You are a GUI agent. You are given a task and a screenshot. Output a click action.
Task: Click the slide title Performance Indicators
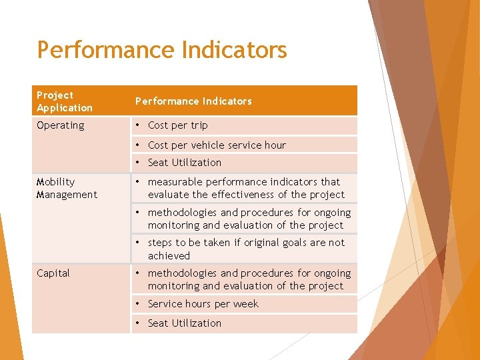[x=162, y=50]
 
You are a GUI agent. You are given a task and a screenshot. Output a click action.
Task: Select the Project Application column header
[x=65, y=101]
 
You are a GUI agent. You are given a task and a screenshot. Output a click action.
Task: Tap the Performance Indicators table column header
[x=193, y=101]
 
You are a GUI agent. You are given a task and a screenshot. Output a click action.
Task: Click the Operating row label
[x=61, y=125]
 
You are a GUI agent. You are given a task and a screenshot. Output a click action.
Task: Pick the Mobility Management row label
[x=67, y=188]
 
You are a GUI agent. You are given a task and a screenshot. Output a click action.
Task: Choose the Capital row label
[x=53, y=273]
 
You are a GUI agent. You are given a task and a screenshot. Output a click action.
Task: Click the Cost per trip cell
[x=177, y=125]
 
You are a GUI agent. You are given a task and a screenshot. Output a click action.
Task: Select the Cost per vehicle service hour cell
[x=217, y=145]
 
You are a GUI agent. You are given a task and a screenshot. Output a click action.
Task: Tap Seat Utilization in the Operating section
[x=185, y=163]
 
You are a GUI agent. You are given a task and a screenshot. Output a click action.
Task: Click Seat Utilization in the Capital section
[x=185, y=323]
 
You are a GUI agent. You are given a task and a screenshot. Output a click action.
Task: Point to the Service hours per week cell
[x=203, y=304]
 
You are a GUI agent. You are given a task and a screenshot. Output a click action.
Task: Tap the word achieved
[x=169, y=256]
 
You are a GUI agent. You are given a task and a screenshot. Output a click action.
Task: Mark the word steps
[x=160, y=243]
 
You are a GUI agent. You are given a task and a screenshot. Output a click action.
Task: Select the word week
[x=246, y=304]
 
